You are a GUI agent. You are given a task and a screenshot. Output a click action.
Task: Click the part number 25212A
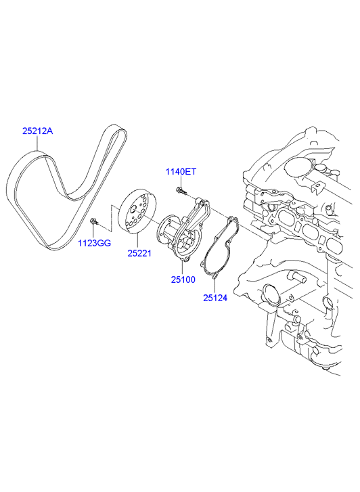tap(37, 131)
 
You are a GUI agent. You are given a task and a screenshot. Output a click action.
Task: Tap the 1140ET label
tap(181, 172)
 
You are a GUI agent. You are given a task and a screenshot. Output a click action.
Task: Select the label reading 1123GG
tap(95, 243)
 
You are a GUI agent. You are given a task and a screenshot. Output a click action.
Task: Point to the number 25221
tap(139, 253)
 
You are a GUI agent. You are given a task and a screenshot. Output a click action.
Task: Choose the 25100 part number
tap(183, 279)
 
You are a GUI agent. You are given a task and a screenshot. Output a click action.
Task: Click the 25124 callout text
tap(215, 298)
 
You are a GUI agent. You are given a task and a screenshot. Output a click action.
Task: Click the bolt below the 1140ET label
tap(181, 190)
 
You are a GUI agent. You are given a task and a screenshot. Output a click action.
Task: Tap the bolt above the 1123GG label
tap(94, 221)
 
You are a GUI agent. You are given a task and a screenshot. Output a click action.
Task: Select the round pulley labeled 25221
tap(137, 211)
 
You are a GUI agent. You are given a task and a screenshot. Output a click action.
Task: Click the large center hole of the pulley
tap(133, 208)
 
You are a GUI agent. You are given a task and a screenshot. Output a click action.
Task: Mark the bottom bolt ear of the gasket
tap(215, 276)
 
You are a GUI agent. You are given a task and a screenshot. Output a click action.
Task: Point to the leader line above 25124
tap(215, 286)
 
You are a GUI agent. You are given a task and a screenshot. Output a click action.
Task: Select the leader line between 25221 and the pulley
tap(137, 242)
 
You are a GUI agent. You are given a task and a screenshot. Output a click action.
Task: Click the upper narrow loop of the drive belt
tap(112, 148)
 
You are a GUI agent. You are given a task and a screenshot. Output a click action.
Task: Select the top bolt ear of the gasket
tap(231, 219)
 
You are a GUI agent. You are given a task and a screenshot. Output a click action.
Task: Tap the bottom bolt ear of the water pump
tap(186, 260)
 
